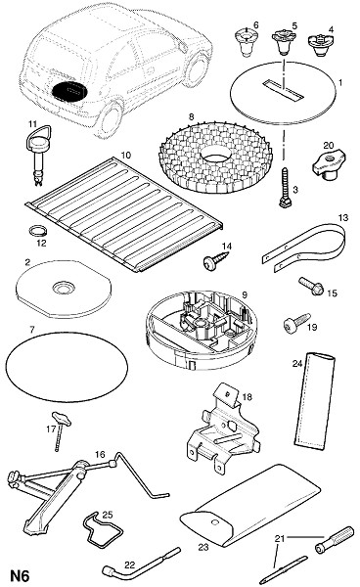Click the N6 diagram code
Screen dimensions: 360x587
tap(20, 575)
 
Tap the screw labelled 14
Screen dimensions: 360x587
tap(216, 260)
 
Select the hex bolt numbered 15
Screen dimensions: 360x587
tap(311, 286)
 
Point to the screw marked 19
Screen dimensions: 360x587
tap(296, 321)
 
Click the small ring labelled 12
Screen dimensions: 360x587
tap(38, 230)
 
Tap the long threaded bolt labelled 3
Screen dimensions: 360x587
tap(287, 188)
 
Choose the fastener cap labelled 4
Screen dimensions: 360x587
tap(320, 45)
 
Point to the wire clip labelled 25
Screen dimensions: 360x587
tap(103, 530)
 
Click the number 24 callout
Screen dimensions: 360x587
tap(297, 364)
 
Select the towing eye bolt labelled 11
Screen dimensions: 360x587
tap(39, 155)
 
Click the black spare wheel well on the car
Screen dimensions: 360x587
tap(70, 91)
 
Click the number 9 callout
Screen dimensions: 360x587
tap(245, 294)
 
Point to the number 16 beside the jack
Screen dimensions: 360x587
tap(100, 455)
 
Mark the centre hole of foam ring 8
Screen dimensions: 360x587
tap(216, 154)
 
